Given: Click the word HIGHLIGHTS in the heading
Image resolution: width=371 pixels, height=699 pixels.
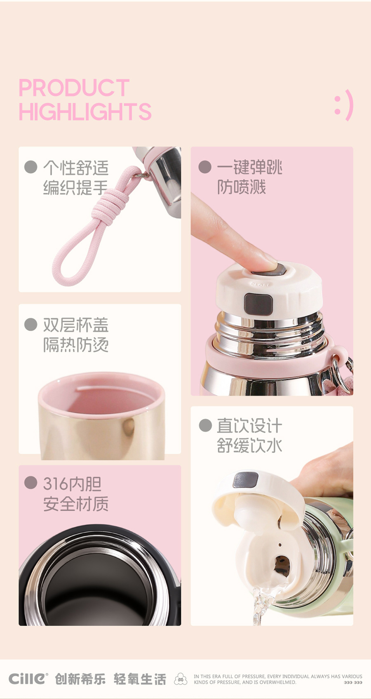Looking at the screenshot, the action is [x=85, y=111].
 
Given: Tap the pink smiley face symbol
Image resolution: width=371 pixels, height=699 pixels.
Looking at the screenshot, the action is [x=344, y=105].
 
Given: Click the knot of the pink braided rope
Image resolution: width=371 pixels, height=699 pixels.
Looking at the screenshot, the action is [x=112, y=202].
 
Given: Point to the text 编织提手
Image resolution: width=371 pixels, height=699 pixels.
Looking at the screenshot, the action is [x=75, y=187].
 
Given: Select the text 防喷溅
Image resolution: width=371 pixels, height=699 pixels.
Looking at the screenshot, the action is [x=242, y=187].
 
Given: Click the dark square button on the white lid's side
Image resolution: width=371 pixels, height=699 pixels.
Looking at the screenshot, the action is [x=258, y=304].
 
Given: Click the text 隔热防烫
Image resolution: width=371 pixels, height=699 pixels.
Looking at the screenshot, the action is [x=76, y=345].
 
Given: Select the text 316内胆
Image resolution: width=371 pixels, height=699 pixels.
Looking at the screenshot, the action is [x=72, y=484].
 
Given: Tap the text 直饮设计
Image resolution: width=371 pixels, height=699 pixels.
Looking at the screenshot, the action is [x=249, y=426].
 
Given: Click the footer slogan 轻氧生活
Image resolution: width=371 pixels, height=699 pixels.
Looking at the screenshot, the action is [x=140, y=679].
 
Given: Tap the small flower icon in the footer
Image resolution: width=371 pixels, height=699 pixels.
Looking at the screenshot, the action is [x=181, y=679].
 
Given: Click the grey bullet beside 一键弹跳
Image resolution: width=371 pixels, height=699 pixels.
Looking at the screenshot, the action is [x=204, y=167].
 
